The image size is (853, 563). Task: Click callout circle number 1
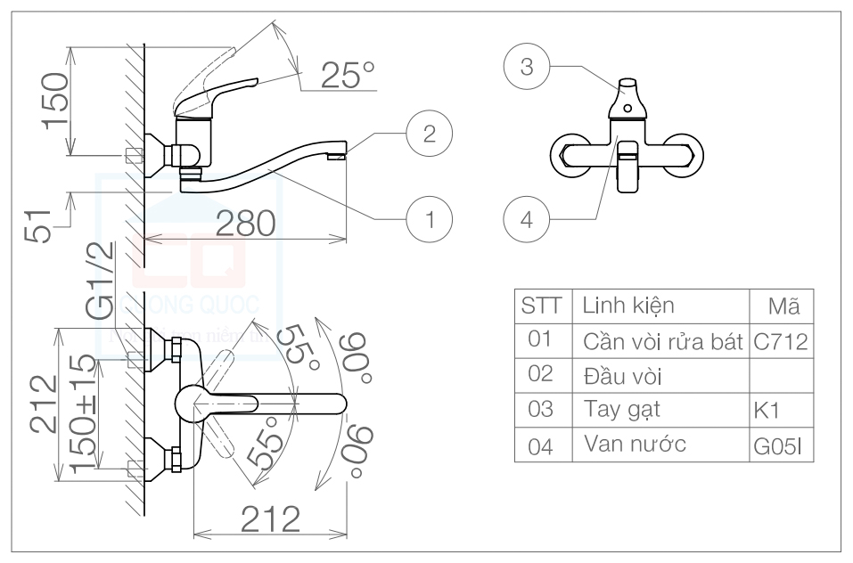(x=430, y=217)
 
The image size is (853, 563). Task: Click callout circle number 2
(x=429, y=134)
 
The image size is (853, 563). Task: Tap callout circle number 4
(x=526, y=217)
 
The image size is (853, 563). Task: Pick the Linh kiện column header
(x=628, y=306)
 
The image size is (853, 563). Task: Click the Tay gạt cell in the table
(x=615, y=410)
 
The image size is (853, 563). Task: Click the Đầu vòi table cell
(x=621, y=375)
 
